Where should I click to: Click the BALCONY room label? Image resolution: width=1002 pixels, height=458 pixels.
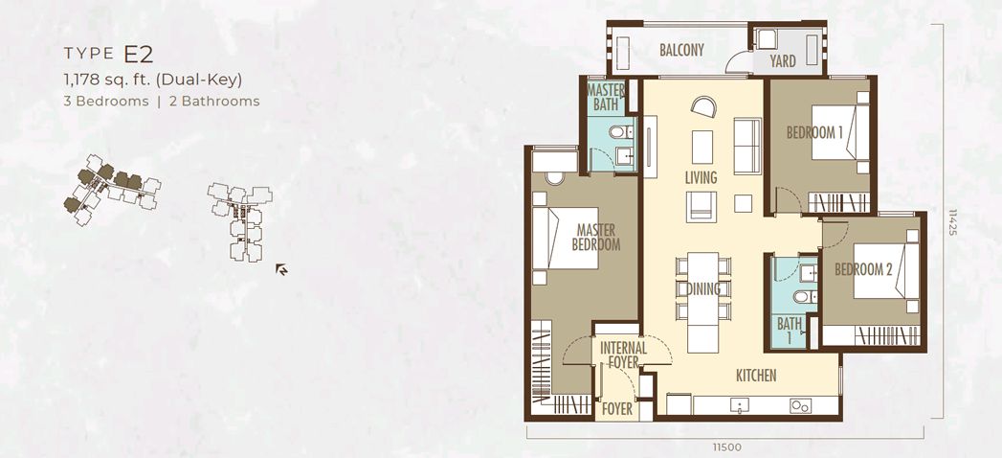click(681, 50)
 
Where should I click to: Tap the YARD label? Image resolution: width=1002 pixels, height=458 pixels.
click(782, 61)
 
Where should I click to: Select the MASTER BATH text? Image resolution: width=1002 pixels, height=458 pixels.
click(605, 97)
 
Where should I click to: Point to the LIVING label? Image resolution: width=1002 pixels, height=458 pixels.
click(701, 177)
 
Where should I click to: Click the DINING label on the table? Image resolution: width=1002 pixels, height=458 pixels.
click(703, 289)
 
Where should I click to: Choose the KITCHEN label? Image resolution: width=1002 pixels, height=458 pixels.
click(757, 376)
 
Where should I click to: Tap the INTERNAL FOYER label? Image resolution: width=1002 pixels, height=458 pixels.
click(624, 355)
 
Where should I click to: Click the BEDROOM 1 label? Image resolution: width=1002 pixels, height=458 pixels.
click(814, 132)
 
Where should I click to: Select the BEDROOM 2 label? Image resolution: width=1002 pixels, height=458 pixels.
click(863, 269)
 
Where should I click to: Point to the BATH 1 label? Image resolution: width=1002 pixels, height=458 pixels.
click(790, 331)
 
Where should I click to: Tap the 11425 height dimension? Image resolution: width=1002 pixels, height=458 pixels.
click(953, 222)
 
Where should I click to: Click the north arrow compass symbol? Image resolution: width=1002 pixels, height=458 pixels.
click(281, 269)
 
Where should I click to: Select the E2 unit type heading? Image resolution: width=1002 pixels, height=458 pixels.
click(139, 55)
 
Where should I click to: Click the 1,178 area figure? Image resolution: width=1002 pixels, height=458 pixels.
click(81, 80)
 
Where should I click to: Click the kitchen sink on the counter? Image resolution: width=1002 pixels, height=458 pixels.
click(740, 405)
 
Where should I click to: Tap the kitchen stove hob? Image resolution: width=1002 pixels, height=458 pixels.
click(801, 405)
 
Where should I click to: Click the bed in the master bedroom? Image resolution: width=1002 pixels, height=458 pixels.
click(565, 238)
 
